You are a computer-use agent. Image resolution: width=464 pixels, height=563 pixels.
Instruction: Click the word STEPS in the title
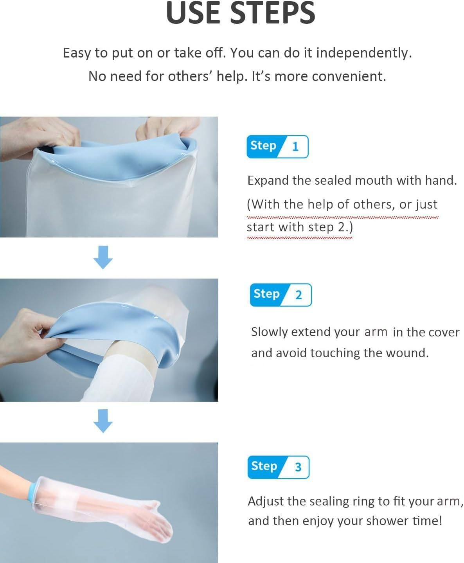tap(272, 13)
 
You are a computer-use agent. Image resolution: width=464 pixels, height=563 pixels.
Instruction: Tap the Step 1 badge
tap(277, 147)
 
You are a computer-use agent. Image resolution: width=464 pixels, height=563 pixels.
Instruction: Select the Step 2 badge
tap(281, 295)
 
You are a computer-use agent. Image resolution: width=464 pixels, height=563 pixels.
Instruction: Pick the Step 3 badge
tap(278, 467)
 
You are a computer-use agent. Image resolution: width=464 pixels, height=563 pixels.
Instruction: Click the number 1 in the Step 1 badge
tap(295, 147)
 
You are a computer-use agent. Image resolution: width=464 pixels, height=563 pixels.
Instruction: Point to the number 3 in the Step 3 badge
tap(298, 467)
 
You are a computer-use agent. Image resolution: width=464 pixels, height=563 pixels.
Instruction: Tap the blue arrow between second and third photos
tap(103, 421)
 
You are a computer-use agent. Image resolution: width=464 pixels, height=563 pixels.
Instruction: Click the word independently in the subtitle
tap(363, 53)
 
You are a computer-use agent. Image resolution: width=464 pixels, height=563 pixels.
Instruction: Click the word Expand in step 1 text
tap(268, 181)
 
